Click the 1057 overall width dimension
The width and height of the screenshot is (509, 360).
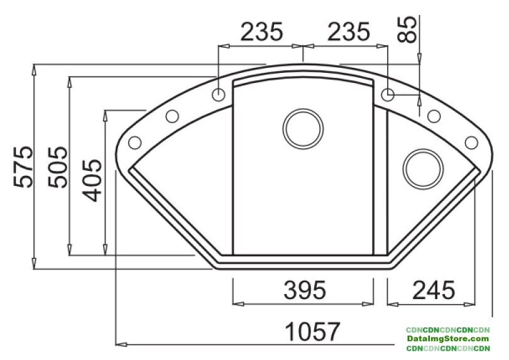(x=312, y=332)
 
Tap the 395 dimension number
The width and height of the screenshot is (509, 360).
(x=305, y=290)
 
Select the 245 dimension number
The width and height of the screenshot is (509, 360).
(x=434, y=290)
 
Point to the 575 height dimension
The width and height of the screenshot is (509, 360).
(x=23, y=167)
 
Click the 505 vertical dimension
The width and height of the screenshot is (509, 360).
(x=58, y=167)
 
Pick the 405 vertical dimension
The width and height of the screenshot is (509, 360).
(x=92, y=180)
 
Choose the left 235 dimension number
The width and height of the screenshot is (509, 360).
(x=261, y=32)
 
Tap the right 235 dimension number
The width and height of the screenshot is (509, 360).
(x=349, y=32)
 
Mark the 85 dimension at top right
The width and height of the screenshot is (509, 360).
(x=407, y=30)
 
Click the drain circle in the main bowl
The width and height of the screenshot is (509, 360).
(x=303, y=129)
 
